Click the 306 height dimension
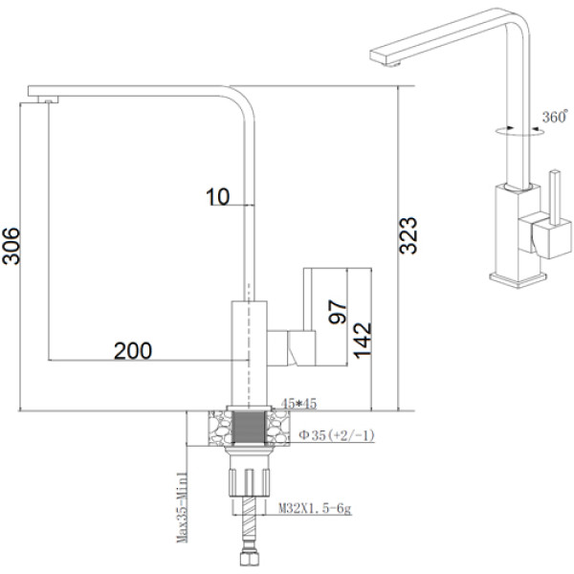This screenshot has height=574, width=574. pyautogui.click(x=11, y=246)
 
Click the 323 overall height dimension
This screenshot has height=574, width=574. pyautogui.click(x=408, y=235)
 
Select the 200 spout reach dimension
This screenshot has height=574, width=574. pyautogui.click(x=133, y=351)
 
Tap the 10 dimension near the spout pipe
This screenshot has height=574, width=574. pyautogui.click(x=218, y=196)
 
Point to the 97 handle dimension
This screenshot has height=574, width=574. pyautogui.click(x=337, y=312)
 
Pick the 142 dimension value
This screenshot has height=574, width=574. pyautogui.click(x=363, y=341)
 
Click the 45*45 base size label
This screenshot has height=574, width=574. pyautogui.click(x=298, y=404)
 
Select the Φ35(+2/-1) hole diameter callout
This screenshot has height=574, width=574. pyautogui.click(x=337, y=435)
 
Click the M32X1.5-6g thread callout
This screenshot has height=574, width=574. pyautogui.click(x=315, y=509)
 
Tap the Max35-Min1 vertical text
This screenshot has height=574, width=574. pyautogui.click(x=182, y=507)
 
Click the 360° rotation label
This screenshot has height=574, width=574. pyautogui.click(x=555, y=117)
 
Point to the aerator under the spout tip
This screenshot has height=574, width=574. pyautogui.click(x=48, y=99)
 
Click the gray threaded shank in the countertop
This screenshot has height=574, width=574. pyautogui.click(x=249, y=427)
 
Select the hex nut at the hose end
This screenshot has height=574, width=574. pyautogui.click(x=250, y=559)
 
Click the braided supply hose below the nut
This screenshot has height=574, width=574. pyautogui.click(x=250, y=523)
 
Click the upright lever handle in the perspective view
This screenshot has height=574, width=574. pyautogui.click(x=556, y=197)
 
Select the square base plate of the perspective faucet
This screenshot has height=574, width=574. pyautogui.click(x=518, y=280)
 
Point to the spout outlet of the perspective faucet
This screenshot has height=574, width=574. pyautogui.click(x=391, y=64)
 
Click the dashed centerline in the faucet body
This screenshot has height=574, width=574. pyautogui.click(x=249, y=344)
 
